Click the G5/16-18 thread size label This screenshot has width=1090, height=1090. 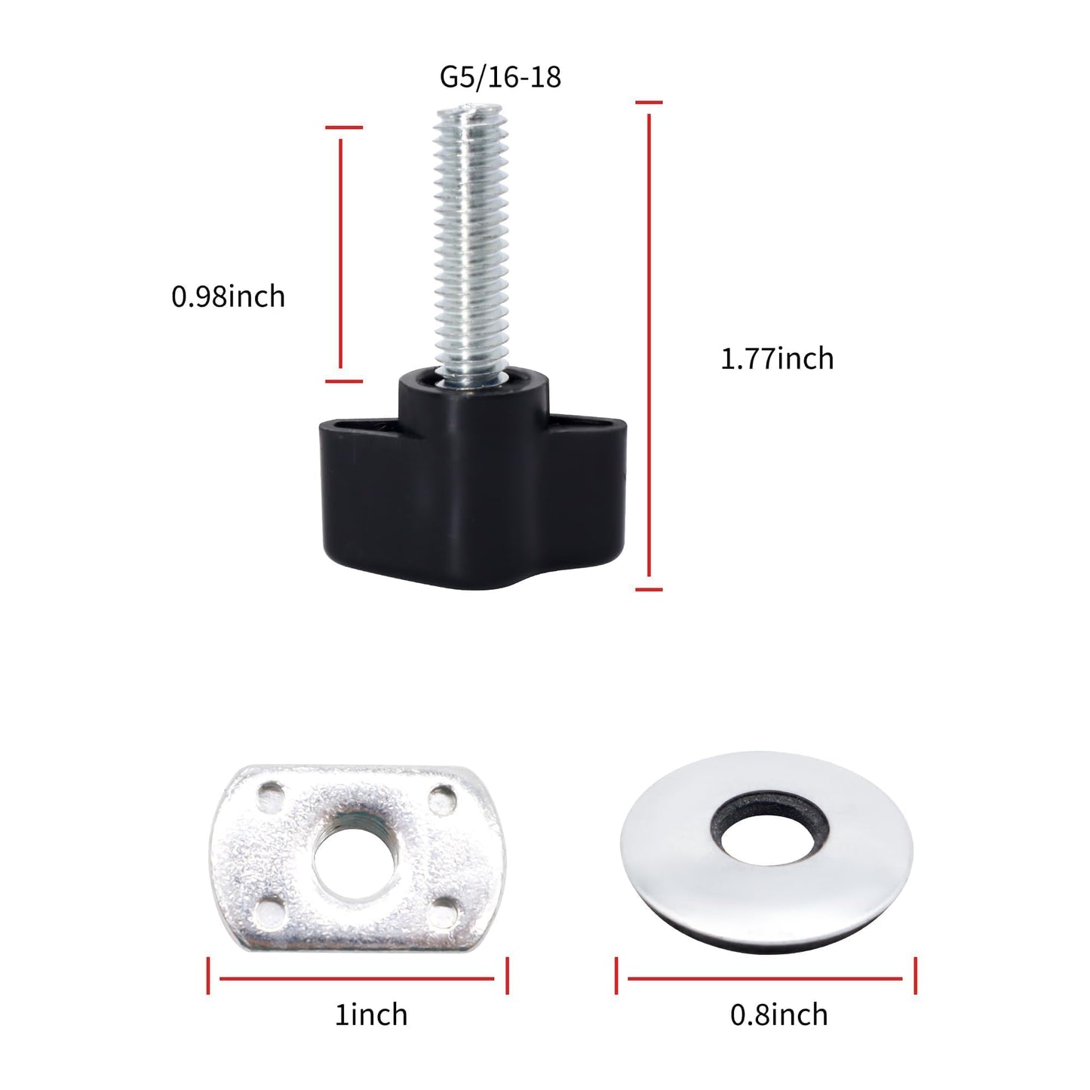coord(500,77)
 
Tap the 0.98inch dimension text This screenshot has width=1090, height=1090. coord(228,296)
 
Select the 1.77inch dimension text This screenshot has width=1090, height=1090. coord(777,358)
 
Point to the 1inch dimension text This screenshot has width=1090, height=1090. coord(371,1015)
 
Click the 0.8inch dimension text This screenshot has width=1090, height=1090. coord(778,1015)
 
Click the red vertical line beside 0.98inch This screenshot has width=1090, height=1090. coord(341,254)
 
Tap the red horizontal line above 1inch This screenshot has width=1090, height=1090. coord(357,978)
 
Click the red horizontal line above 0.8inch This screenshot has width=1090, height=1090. coord(765,978)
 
